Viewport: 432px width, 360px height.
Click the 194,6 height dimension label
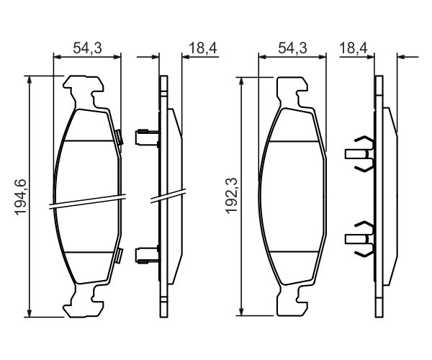pyautogui.click(x=20, y=197)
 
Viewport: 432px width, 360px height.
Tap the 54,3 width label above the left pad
pyautogui.click(x=87, y=48)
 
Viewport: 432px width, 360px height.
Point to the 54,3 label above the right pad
pyautogui.click(x=292, y=48)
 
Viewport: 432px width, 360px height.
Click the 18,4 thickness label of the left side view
pyautogui.click(x=203, y=48)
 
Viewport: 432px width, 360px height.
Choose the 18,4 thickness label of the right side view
pyautogui.click(x=354, y=48)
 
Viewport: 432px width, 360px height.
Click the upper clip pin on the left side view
pyautogui.click(x=147, y=137)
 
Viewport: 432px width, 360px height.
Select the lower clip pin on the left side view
pyautogui.click(x=147, y=255)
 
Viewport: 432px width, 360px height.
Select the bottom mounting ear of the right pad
pyautogui.click(x=292, y=301)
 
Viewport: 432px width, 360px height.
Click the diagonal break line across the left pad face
pyautogui.click(x=87, y=202)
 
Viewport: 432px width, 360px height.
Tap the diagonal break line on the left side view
pyautogui.click(x=168, y=196)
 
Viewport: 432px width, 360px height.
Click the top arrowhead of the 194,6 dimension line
pyautogui.click(x=30, y=79)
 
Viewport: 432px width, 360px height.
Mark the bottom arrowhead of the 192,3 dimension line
pyautogui.click(x=241, y=312)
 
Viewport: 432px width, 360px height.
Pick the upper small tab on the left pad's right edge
pyautogui.click(x=120, y=138)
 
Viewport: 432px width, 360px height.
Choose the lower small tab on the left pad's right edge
pyautogui.click(x=120, y=256)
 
